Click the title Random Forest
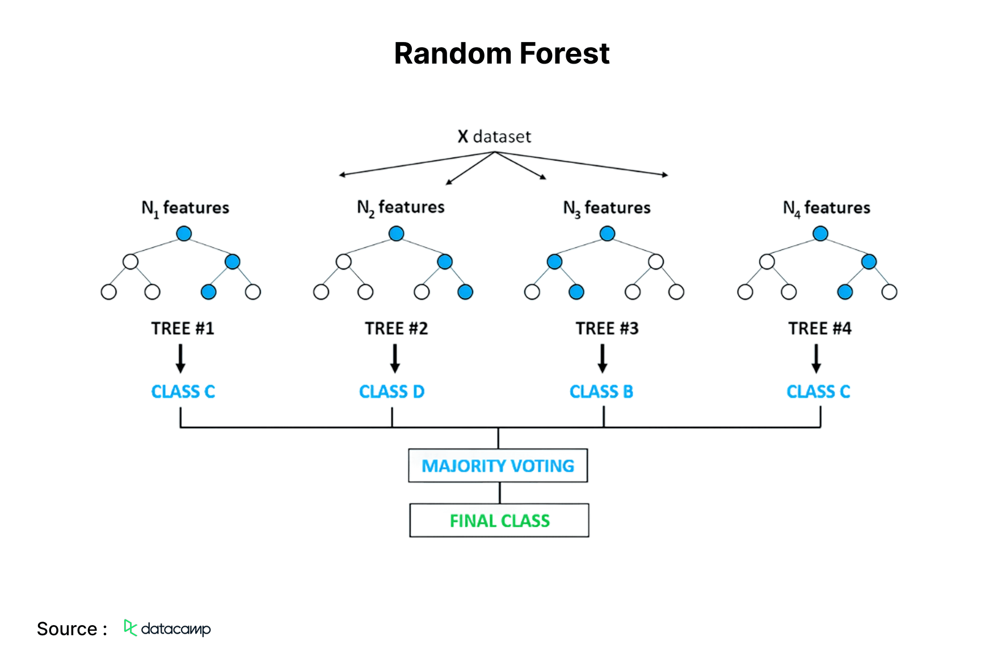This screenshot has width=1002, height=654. pos(501,54)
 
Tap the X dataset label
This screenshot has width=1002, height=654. pos(494,137)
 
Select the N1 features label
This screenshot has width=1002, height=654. pos(185,208)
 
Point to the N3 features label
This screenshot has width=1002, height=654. pos(607,208)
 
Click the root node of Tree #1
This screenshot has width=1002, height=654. pos(184,233)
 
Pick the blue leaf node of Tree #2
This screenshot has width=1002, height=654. pos(465,292)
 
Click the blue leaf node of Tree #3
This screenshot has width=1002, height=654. pos(576,292)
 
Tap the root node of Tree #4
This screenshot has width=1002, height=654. pos(820,233)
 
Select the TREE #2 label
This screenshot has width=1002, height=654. pos(396,329)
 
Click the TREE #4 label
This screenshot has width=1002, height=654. pos(820,329)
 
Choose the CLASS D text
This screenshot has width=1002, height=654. pos(391,392)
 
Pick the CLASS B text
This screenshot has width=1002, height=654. pos(601,392)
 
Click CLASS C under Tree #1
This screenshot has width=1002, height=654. pos(183,392)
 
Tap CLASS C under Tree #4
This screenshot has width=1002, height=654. pos(818,392)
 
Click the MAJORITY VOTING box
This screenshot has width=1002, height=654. pos(498,466)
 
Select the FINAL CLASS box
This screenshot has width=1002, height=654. pos(499,521)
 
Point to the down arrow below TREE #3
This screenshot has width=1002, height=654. pos(603,359)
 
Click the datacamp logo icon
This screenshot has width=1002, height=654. pos(130,627)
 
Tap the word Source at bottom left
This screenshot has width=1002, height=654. pos(67,629)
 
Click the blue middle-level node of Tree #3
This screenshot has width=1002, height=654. pos(554,262)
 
